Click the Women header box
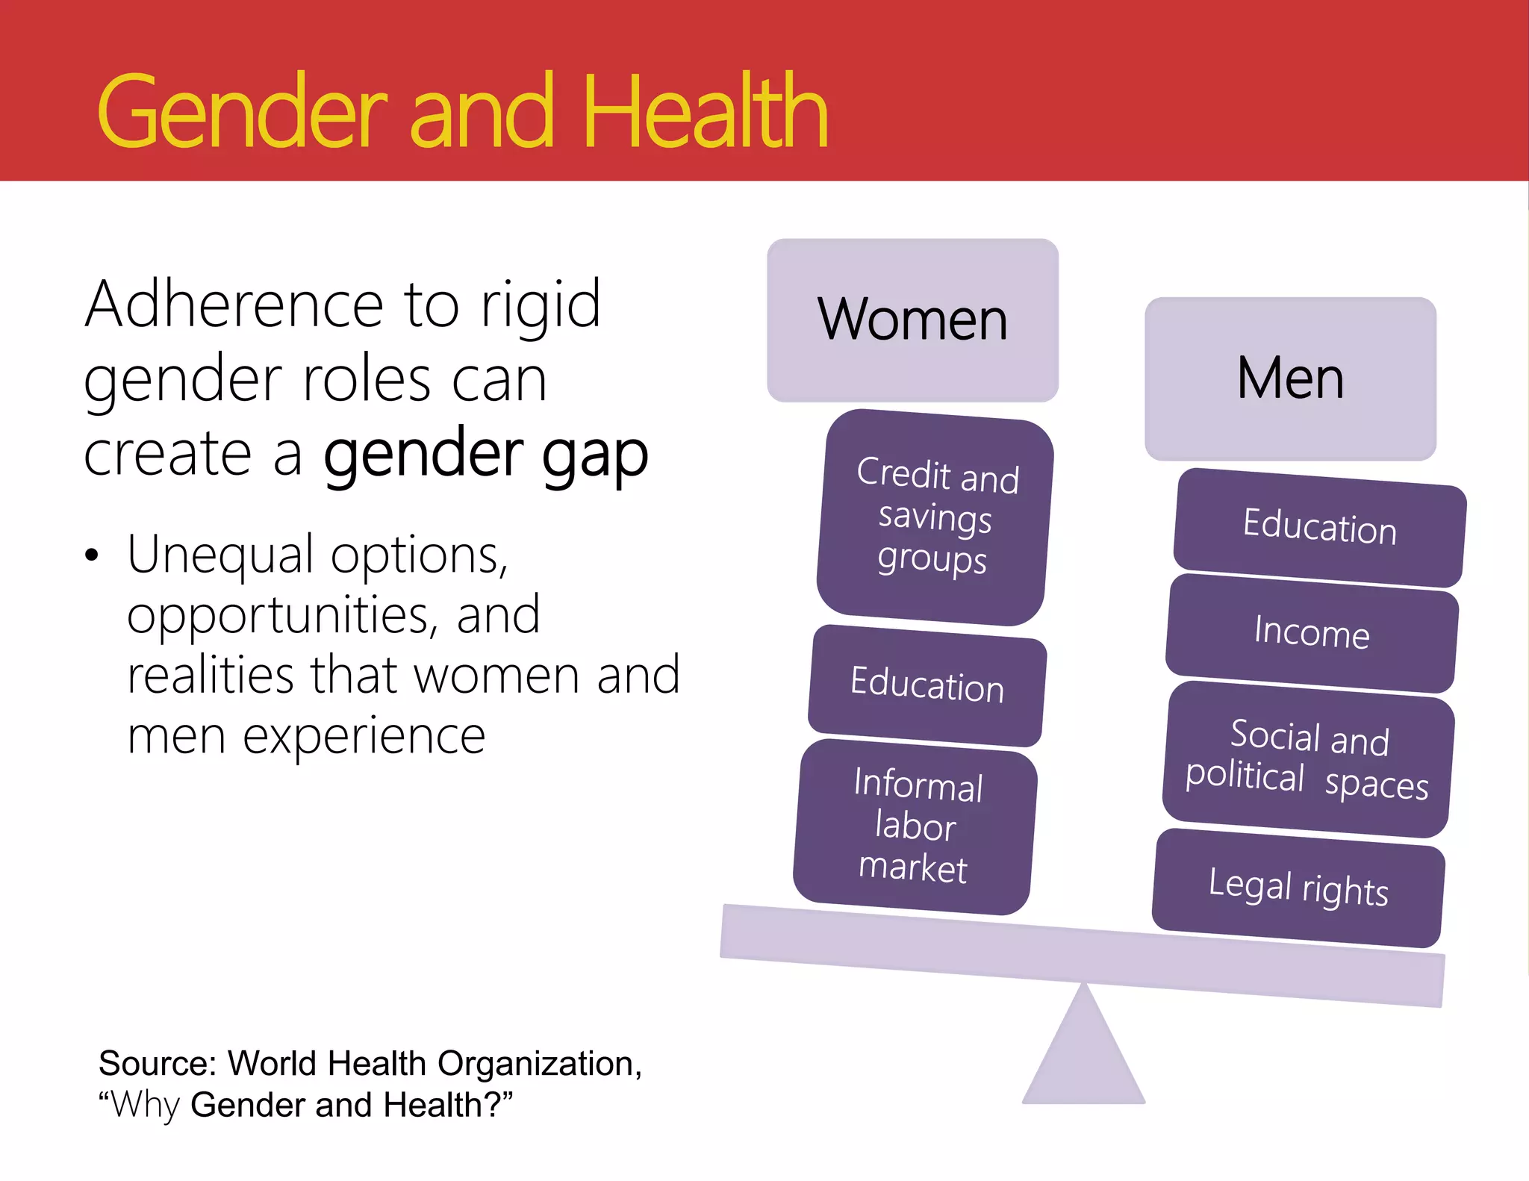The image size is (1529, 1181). [x=912, y=320]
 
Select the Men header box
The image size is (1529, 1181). [x=1290, y=378]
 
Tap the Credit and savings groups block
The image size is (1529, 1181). [x=935, y=517]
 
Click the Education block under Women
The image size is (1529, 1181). [x=927, y=685]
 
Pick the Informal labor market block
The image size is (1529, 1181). [x=915, y=826]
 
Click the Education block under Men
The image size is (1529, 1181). [x=1319, y=527]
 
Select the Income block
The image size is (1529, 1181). [x=1311, y=633]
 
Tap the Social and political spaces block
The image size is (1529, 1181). [x=1308, y=759]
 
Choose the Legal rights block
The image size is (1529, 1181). [x=1298, y=888]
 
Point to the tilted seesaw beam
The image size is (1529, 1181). [x=1083, y=956]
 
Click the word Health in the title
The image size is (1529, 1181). [x=705, y=112]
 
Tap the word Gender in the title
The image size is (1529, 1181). [x=242, y=112]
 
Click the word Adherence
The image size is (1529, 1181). [x=234, y=305]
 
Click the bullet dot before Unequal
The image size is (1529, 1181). [x=91, y=556]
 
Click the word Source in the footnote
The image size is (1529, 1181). [x=157, y=1063]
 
